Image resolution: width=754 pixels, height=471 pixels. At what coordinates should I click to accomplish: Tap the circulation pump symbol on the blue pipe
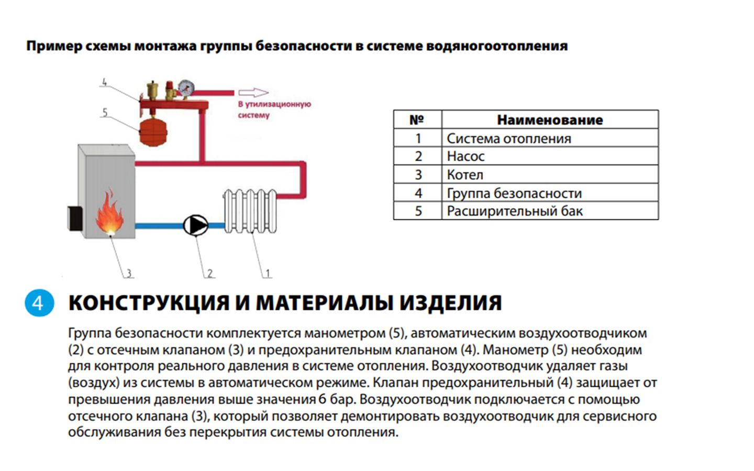point(196,226)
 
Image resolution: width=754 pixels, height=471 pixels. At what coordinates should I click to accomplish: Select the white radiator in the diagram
point(250,212)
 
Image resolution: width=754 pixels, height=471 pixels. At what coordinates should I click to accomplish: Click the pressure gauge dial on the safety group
point(185,86)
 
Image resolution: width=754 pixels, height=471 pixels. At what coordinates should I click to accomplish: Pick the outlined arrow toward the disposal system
point(253,93)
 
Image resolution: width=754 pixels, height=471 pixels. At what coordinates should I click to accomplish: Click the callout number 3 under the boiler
point(129,273)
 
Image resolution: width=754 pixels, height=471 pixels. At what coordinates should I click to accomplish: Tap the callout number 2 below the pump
point(210,273)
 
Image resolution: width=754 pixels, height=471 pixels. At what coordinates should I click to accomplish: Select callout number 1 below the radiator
point(268,273)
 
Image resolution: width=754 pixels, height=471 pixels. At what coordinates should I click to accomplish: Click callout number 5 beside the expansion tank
point(105,113)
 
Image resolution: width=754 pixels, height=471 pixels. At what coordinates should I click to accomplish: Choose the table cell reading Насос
point(465,156)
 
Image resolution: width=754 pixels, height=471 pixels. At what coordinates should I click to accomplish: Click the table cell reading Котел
point(465,174)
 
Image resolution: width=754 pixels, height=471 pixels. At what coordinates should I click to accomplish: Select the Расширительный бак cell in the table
point(514,211)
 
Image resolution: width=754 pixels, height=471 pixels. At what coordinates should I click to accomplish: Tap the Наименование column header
point(550,120)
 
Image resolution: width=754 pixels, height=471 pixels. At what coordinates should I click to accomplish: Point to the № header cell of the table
point(417,120)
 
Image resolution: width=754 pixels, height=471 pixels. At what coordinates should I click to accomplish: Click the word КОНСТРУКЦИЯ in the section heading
point(149,303)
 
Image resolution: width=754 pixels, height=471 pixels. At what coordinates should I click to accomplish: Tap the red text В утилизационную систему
point(274,109)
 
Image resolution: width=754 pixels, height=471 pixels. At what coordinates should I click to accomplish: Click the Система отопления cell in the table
point(508,138)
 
